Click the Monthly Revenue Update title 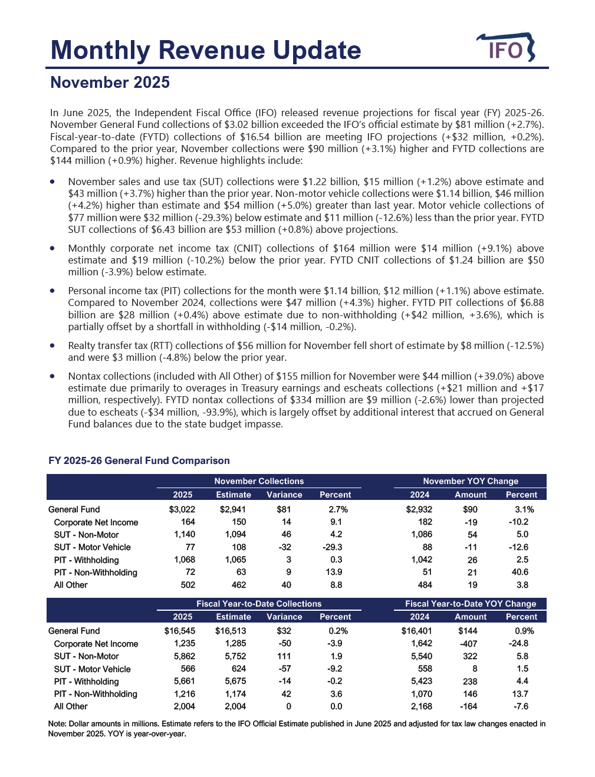(x=206, y=50)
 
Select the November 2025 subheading (x=110, y=83)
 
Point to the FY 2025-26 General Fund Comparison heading (x=139, y=460)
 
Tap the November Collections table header (x=259, y=481)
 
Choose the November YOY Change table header (x=470, y=481)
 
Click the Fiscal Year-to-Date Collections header (x=259, y=604)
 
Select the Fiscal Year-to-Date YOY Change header (x=470, y=604)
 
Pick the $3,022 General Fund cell (x=182, y=509)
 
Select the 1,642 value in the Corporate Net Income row (x=421, y=643)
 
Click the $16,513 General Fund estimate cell (x=231, y=631)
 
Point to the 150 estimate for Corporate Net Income (x=239, y=522)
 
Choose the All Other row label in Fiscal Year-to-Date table (x=71, y=706)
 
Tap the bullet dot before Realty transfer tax (x=53, y=345)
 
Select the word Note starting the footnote (x=57, y=723)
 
